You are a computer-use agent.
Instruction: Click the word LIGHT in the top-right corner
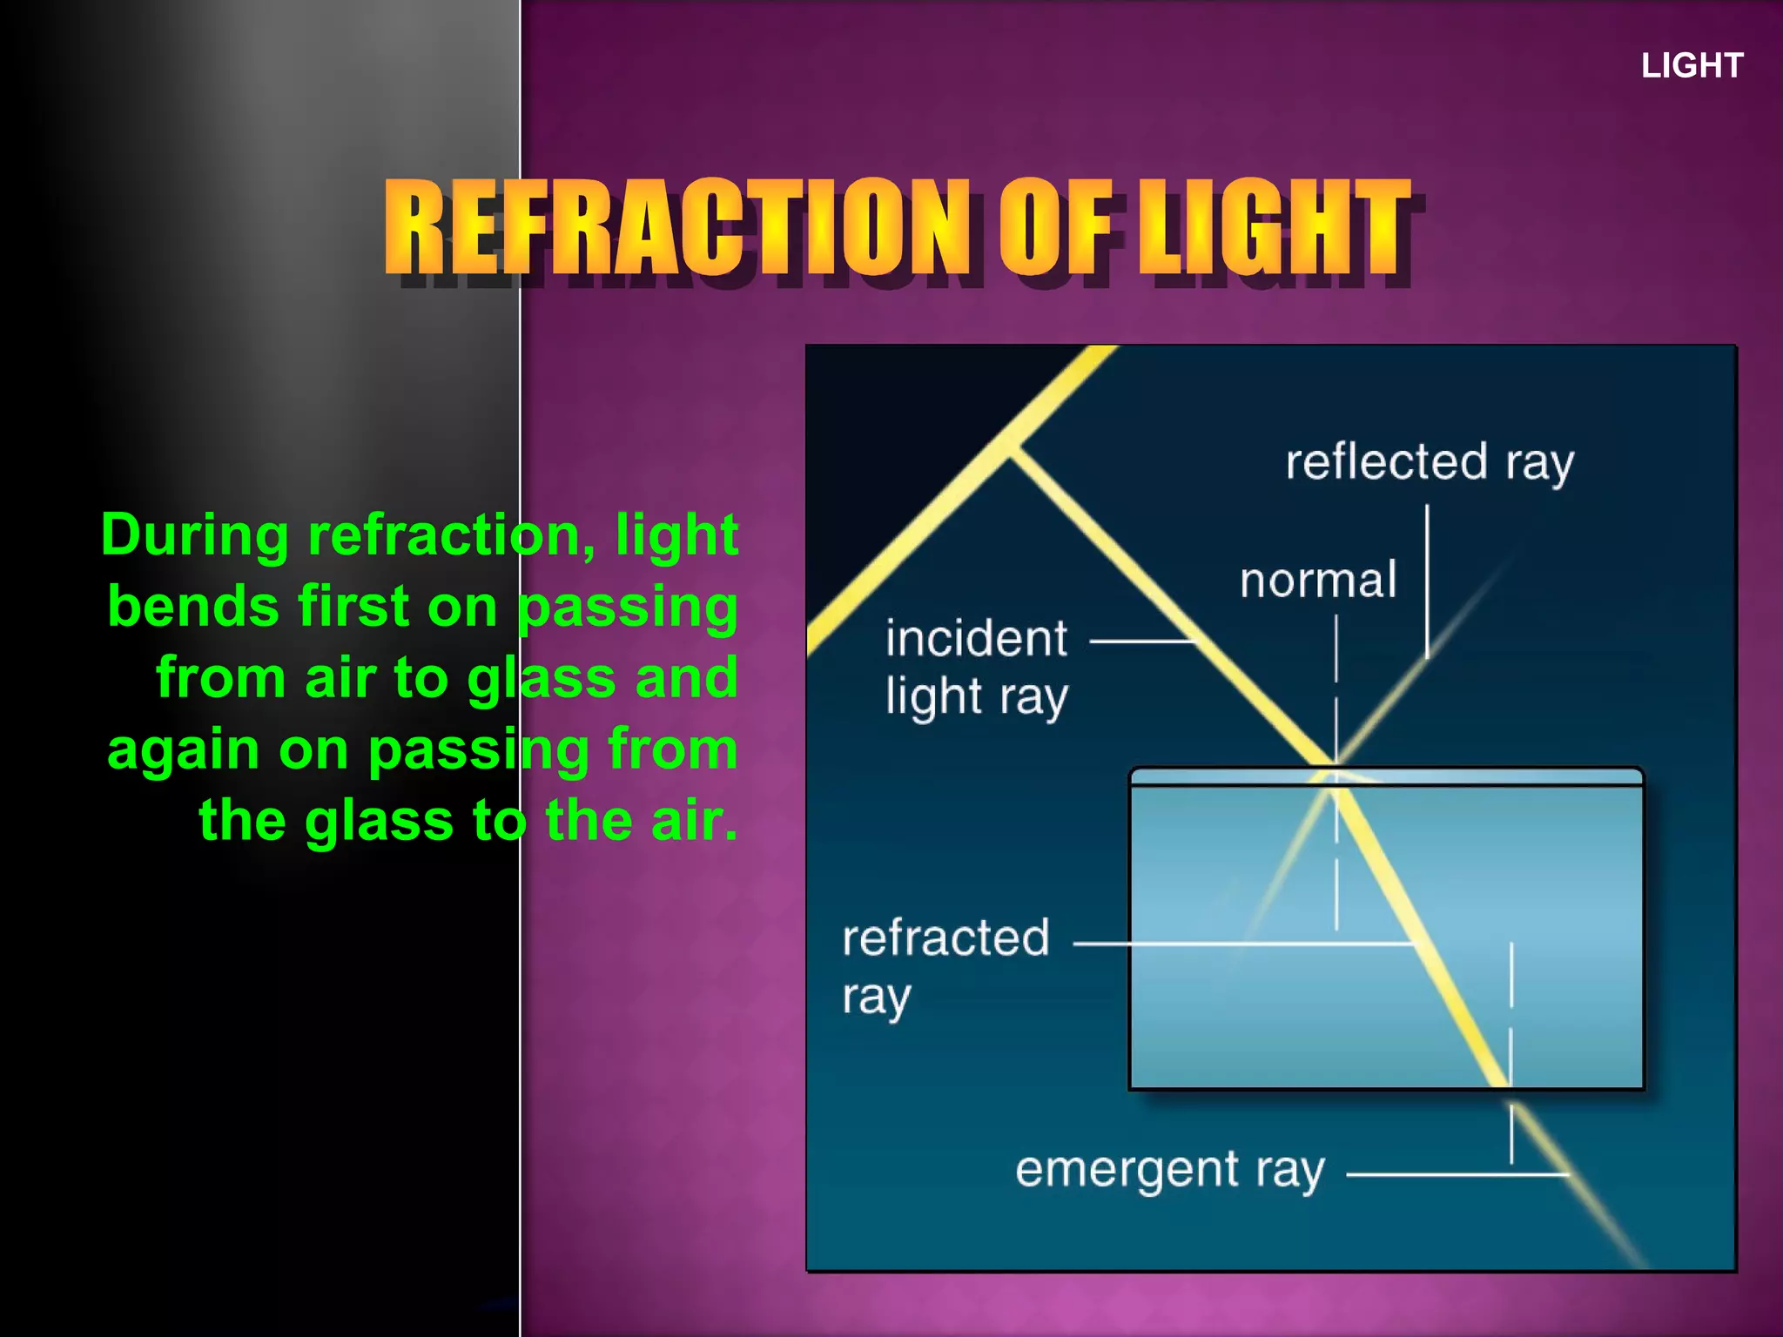[1692, 66]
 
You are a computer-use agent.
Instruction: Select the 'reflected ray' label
[1430, 462]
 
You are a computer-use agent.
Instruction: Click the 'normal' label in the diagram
[1318, 581]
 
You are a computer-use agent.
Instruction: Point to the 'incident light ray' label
[976, 668]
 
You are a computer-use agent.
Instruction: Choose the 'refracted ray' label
[945, 966]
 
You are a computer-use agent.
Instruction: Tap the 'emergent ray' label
[1169, 1171]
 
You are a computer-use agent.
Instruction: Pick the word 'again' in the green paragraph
[183, 749]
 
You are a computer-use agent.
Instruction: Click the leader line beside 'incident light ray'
[1143, 642]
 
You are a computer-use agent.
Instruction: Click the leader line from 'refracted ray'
[1245, 944]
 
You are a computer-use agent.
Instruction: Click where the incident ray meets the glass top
[1334, 769]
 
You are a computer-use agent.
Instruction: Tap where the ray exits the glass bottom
[1508, 1087]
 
